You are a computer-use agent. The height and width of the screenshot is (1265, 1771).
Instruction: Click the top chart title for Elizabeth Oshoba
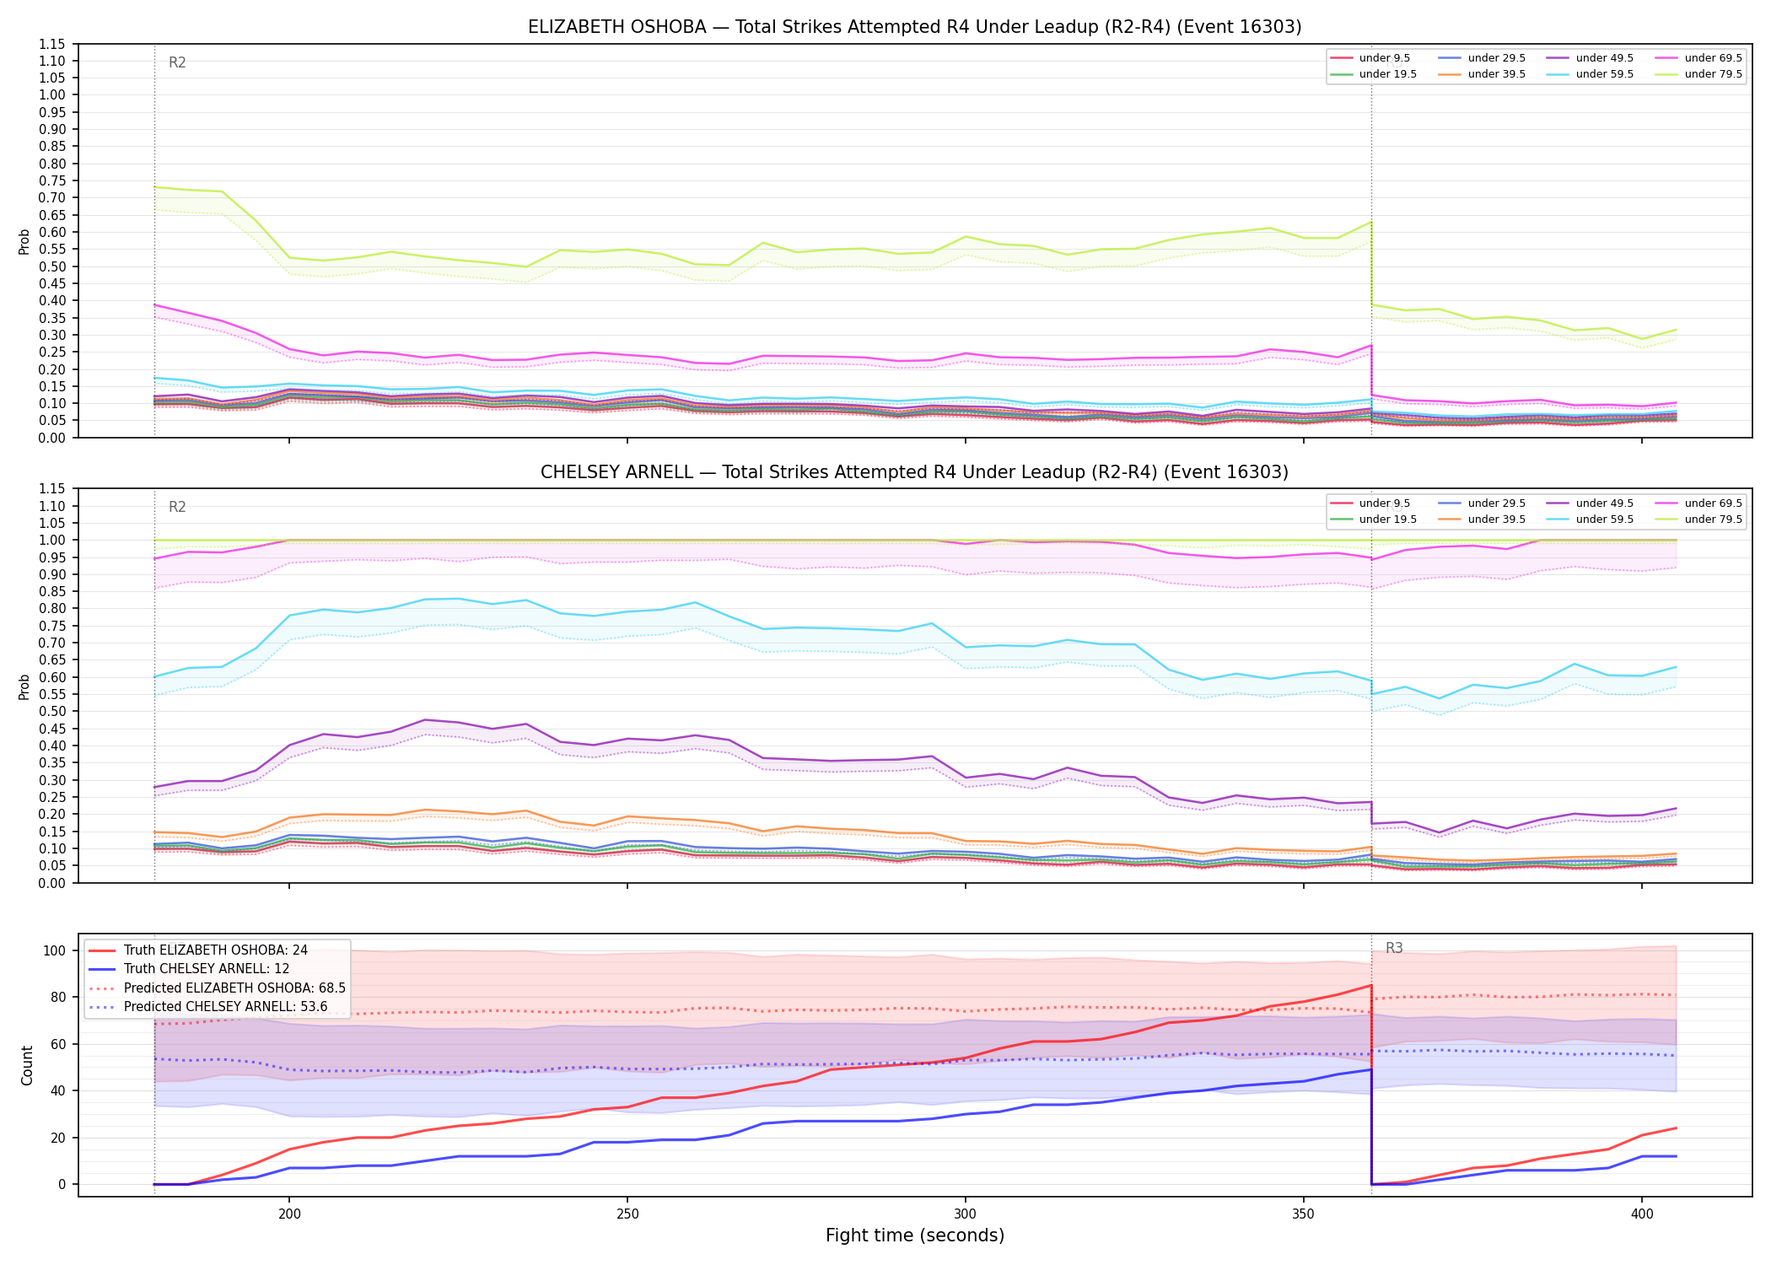tap(914, 27)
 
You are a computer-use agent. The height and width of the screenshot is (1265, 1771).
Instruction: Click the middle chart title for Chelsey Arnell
tap(914, 472)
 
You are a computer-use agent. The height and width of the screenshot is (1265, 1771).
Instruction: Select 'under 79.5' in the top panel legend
tap(1713, 74)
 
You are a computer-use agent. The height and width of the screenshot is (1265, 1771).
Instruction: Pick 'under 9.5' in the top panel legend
tap(1384, 58)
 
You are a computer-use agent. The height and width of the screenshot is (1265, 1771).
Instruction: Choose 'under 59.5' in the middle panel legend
tap(1604, 519)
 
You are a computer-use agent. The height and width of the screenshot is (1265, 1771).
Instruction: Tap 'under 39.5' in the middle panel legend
tap(1496, 519)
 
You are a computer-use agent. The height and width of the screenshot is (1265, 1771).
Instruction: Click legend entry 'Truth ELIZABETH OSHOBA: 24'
tap(215, 950)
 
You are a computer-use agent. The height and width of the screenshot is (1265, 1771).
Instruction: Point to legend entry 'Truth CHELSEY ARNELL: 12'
tap(207, 969)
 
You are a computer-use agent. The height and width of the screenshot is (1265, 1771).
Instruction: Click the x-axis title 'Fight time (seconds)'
tap(915, 1235)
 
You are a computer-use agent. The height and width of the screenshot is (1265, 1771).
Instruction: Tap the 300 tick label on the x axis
tap(965, 1214)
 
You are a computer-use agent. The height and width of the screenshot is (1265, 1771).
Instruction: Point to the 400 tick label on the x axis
tap(1641, 1214)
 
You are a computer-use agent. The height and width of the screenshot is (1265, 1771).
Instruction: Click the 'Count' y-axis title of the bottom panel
tap(27, 1065)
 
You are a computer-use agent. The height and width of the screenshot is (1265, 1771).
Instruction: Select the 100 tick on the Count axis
tap(55, 950)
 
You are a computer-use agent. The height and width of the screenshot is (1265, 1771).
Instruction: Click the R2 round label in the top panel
tap(177, 62)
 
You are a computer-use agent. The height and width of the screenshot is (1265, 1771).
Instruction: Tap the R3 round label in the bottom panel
tap(1394, 948)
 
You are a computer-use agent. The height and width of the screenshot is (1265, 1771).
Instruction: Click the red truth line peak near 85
tap(1371, 985)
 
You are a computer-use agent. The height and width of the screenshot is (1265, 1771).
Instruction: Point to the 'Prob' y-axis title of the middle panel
tap(24, 686)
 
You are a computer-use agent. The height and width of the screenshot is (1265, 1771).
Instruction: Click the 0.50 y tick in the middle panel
tap(53, 711)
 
